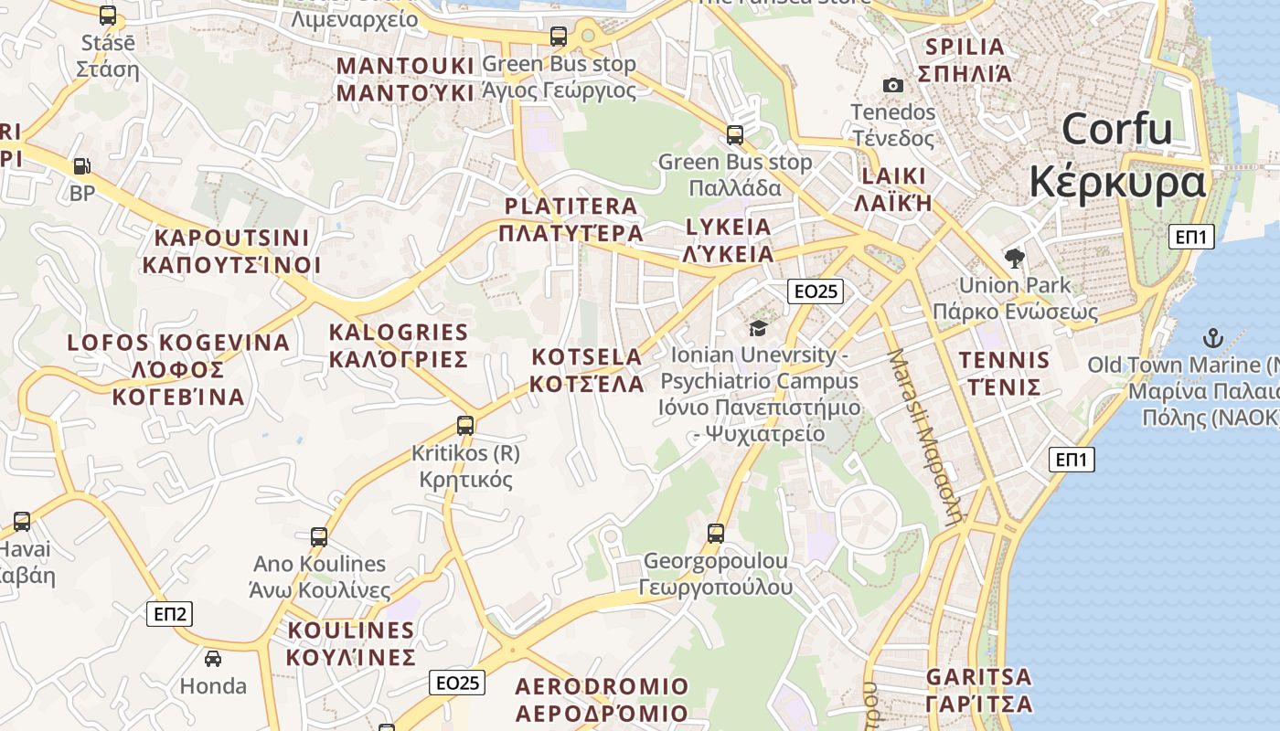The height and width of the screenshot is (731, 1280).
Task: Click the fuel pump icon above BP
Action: [81, 166]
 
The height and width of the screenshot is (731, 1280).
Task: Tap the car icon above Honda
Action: [212, 658]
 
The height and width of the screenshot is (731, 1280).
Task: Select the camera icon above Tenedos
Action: [893, 85]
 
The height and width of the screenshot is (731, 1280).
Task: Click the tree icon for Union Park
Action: [1014, 258]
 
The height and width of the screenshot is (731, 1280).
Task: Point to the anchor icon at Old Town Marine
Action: [1212, 338]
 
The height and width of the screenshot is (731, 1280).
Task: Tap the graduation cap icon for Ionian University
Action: [758, 327]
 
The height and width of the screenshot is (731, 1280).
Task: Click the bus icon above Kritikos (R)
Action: [465, 425]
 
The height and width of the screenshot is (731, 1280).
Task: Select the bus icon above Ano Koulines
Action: [319, 536]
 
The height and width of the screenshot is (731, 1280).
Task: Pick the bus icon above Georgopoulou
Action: [716, 533]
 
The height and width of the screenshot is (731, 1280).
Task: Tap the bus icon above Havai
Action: [22, 522]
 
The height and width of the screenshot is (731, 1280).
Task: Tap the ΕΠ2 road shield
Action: [169, 614]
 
